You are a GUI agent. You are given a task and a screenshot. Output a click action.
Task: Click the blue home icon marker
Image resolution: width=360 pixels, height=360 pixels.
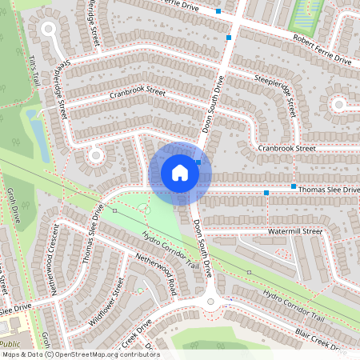click(180, 173)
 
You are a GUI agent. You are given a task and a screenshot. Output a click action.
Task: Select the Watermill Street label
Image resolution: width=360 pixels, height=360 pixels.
click(294, 231)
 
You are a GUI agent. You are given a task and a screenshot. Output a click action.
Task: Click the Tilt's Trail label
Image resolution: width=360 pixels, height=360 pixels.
click(33, 71)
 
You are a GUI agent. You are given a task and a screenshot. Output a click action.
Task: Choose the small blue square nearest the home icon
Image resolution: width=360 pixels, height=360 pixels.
click(198, 162)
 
